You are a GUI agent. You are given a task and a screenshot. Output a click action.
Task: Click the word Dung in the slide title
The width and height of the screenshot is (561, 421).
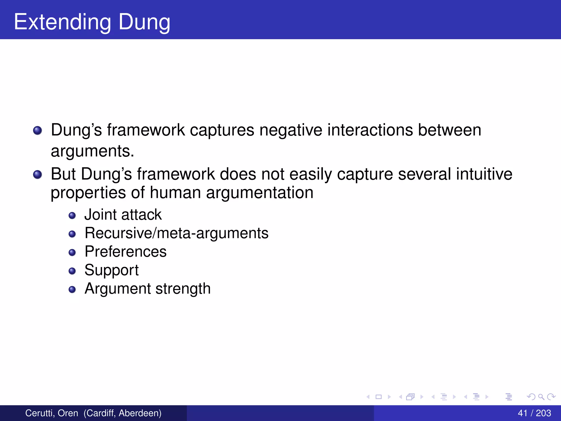tap(144, 22)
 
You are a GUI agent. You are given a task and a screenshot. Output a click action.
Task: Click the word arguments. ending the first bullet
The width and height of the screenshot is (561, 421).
tap(92, 151)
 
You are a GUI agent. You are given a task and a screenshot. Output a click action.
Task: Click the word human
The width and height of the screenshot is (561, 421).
tap(175, 192)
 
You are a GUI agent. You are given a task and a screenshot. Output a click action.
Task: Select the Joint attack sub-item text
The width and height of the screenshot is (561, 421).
tap(123, 214)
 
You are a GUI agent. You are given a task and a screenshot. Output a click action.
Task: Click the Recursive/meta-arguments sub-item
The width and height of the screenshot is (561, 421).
tap(176, 233)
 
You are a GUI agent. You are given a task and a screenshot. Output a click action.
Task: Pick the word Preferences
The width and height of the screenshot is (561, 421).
tap(125, 251)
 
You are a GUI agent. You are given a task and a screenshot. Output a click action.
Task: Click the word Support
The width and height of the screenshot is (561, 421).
tap(111, 270)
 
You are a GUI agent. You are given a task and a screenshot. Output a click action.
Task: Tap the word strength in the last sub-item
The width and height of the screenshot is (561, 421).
tap(183, 289)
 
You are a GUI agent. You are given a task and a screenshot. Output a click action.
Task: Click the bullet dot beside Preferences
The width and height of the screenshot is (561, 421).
tap(72, 252)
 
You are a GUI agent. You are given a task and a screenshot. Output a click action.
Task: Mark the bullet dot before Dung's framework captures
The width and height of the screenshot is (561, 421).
tap(38, 130)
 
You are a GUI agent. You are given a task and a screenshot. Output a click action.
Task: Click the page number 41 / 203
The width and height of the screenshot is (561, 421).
tap(534, 413)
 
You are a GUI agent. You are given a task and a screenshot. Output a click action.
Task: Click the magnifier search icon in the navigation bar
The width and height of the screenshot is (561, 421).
tap(541, 397)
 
